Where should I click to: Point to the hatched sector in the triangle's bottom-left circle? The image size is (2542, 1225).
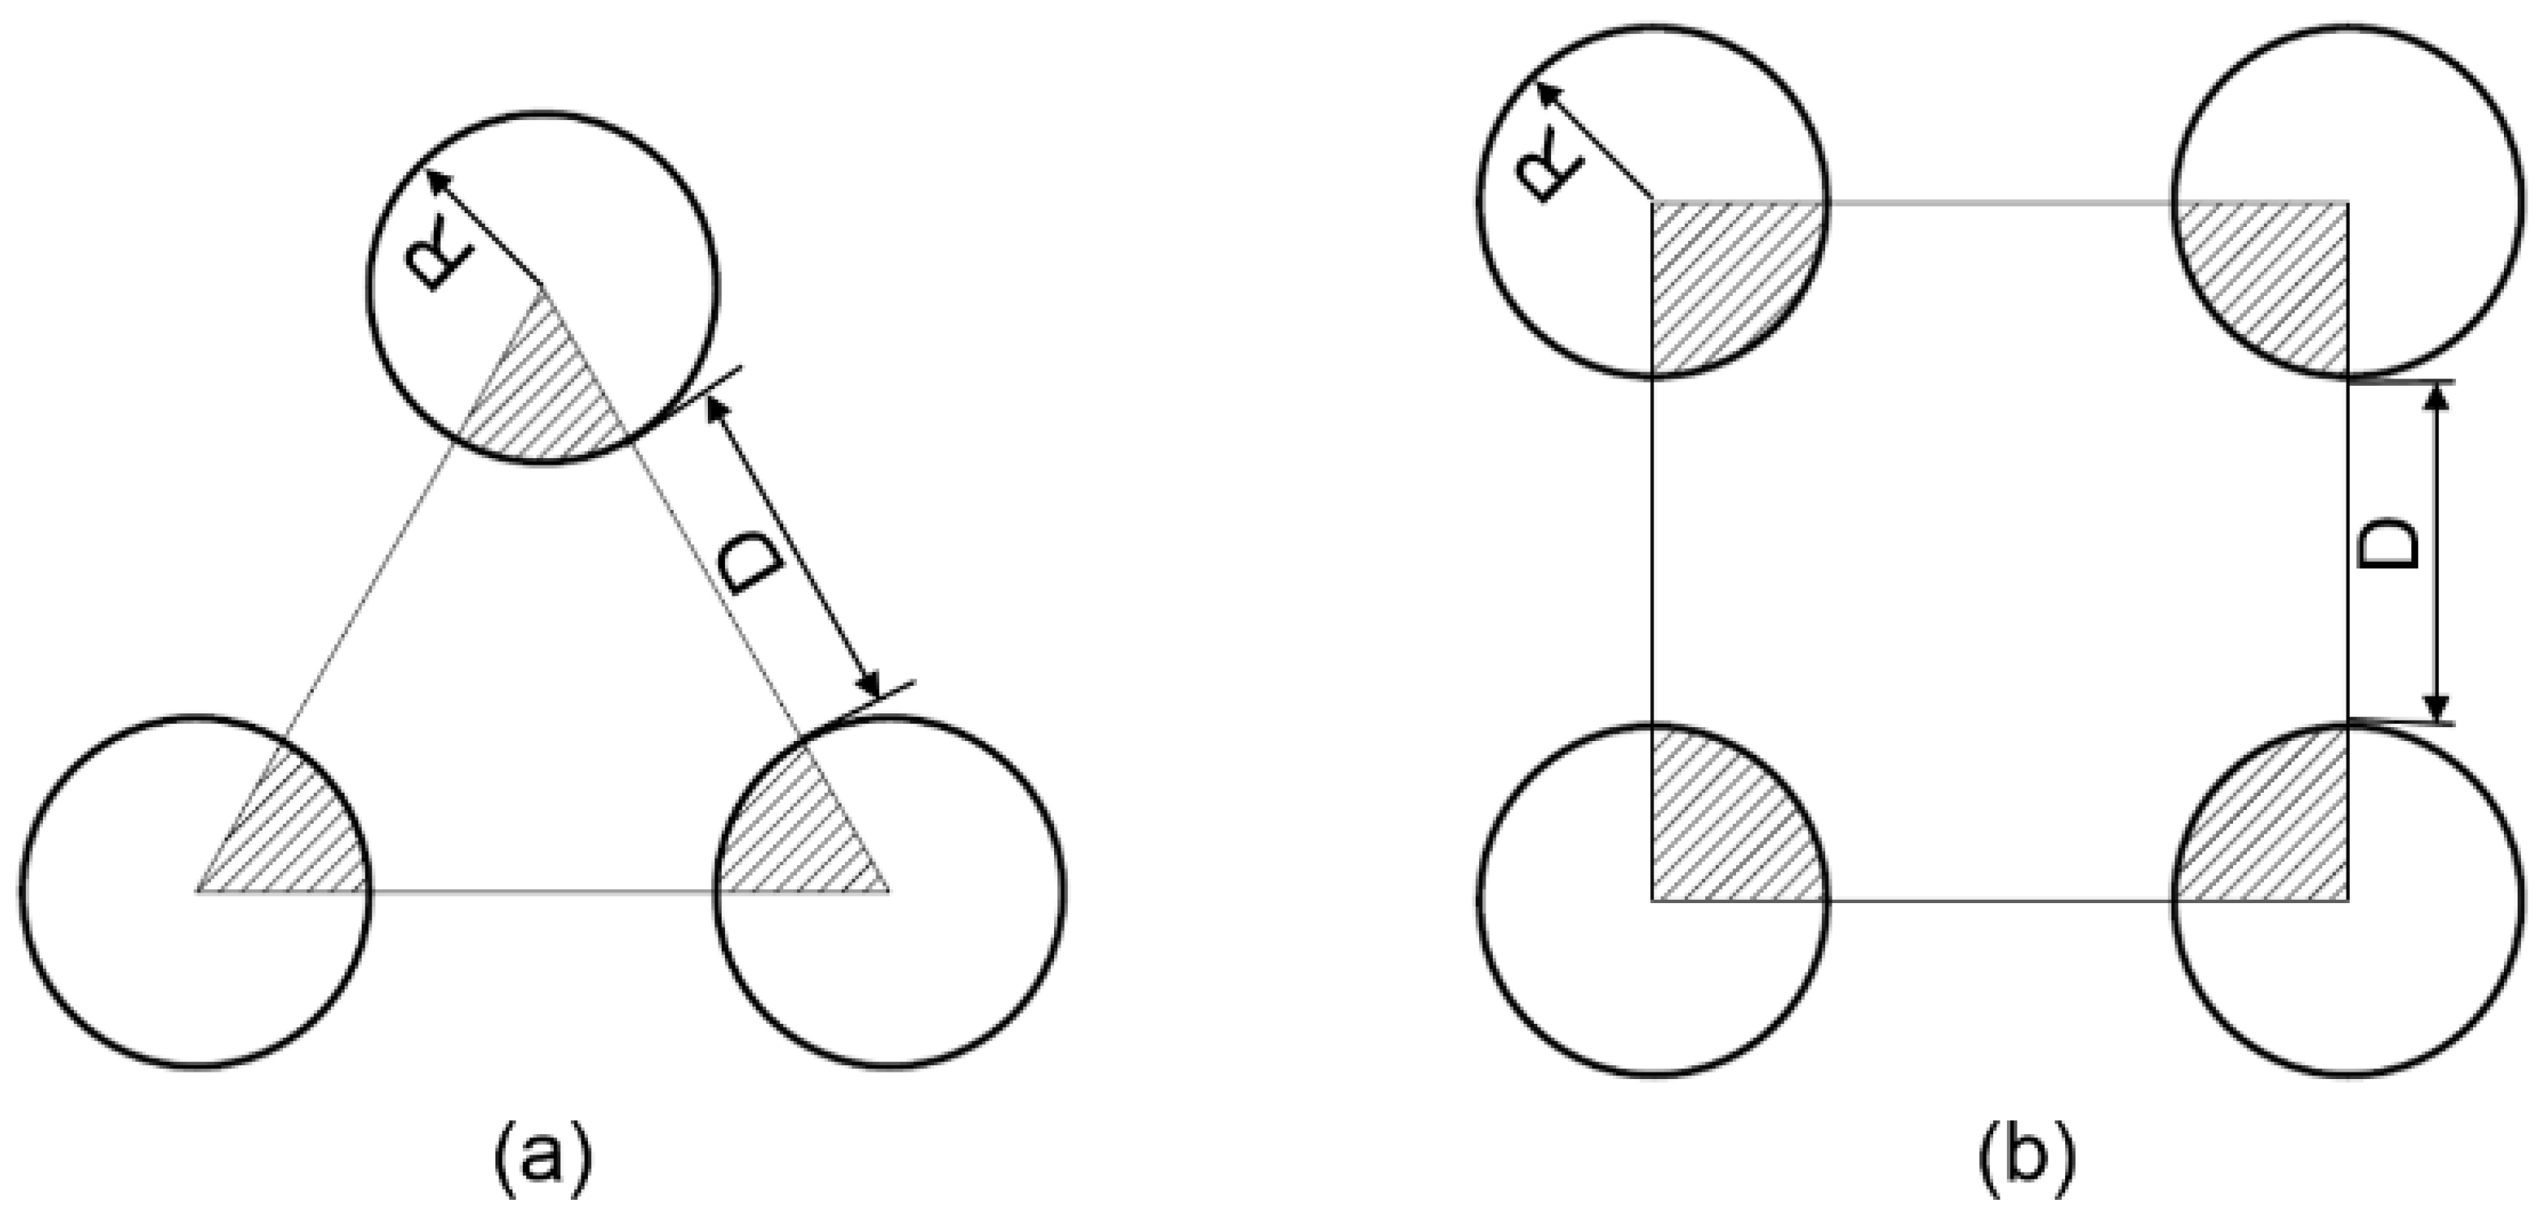click(296, 838)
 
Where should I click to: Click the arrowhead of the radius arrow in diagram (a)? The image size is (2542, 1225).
click(432, 178)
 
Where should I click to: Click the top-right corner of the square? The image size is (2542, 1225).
click(2347, 204)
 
